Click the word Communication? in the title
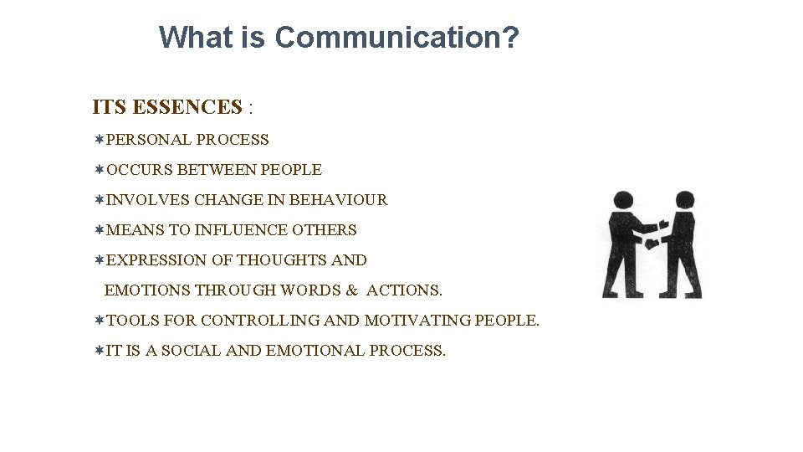pos(396,38)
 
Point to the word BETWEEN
pos(217,170)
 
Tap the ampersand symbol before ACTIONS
pos(351,290)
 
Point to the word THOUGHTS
pos(282,260)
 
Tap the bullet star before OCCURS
pos(100,170)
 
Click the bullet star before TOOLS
pos(100,321)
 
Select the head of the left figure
pos(623,202)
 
